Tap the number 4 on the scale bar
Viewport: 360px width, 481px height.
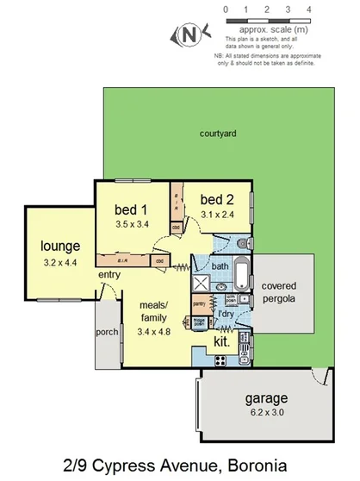coord(308,9)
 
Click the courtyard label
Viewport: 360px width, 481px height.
coord(218,134)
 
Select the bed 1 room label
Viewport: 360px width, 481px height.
coord(131,209)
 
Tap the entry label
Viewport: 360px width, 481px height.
coord(109,275)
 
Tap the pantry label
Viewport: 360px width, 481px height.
coord(198,303)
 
